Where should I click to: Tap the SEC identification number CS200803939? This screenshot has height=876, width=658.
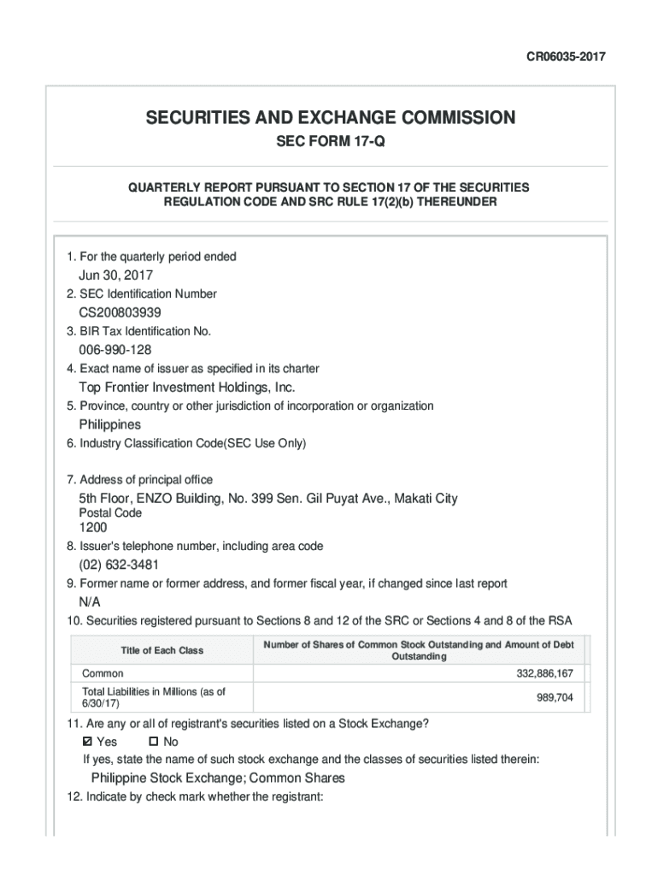(120, 312)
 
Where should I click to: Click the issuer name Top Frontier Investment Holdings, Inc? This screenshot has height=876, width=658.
(187, 388)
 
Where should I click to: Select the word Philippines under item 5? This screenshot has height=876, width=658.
(110, 424)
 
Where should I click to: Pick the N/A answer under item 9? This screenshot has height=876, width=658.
(90, 602)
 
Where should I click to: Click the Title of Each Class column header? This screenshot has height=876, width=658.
(162, 650)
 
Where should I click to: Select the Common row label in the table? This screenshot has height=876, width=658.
(103, 674)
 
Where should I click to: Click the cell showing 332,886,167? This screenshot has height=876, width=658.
(544, 674)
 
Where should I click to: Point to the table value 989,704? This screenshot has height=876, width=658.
(555, 697)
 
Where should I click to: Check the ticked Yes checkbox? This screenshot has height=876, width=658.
(88, 742)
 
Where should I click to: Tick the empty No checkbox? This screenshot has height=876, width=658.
(154, 742)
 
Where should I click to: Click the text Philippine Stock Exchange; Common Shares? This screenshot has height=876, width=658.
(218, 778)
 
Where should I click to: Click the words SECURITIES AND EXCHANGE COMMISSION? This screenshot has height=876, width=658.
(330, 117)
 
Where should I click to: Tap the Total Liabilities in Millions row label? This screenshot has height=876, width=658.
(154, 697)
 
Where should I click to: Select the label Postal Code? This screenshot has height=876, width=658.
(110, 513)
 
